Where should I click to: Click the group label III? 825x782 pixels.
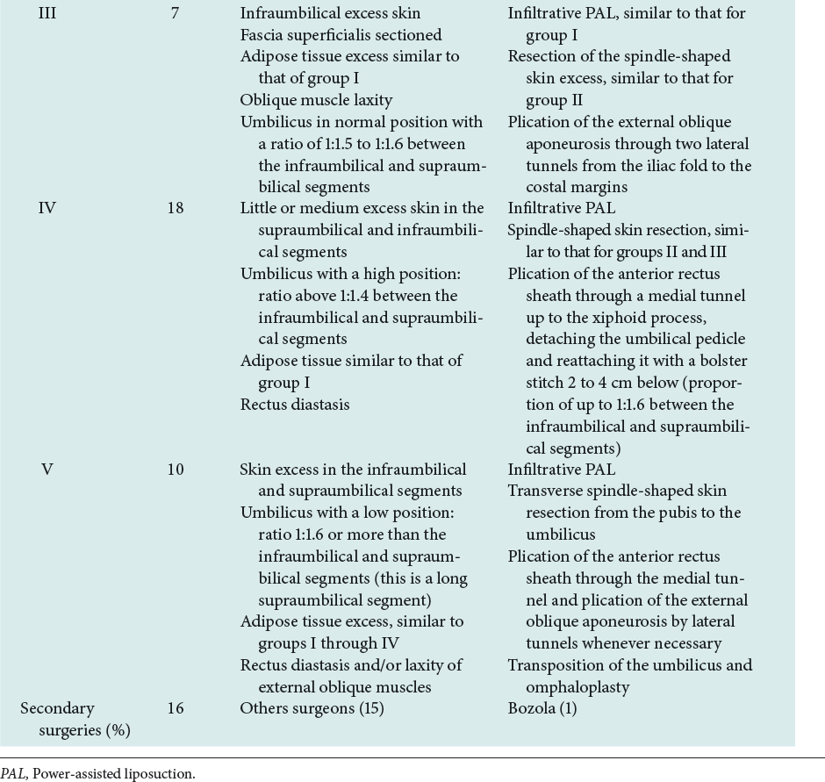(48, 14)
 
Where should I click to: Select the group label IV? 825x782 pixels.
(48, 207)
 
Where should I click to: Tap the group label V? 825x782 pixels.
(48, 469)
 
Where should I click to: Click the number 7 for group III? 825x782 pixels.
(176, 14)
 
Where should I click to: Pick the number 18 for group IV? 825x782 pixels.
(176, 207)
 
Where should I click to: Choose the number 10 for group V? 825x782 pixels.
(176, 469)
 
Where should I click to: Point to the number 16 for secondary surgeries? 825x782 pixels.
(176, 707)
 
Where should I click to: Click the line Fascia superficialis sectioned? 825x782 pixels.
(341, 35)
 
